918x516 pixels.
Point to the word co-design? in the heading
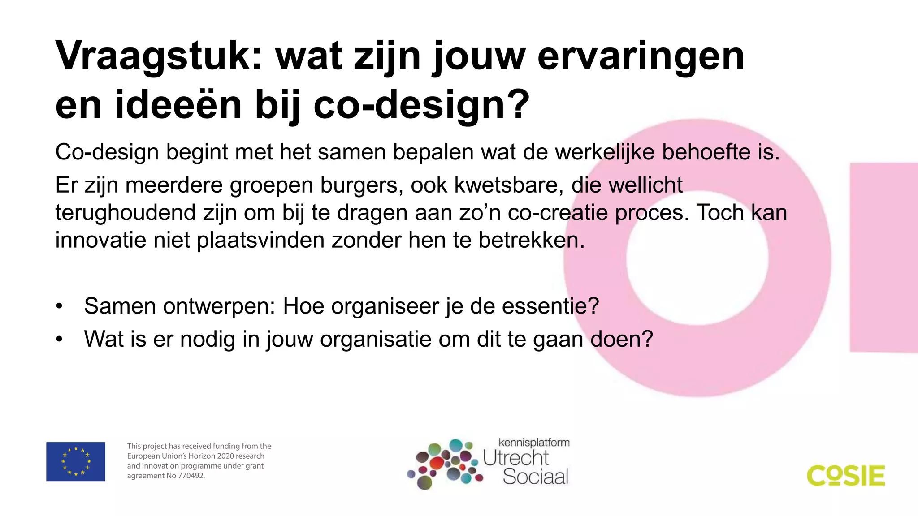(421, 106)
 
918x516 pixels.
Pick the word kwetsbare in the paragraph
(509, 185)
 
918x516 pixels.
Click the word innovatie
(100, 240)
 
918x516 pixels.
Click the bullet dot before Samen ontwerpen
(59, 306)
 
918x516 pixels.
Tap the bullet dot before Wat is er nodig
(59, 340)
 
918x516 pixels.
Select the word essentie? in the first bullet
(550, 306)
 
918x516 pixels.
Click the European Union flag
(76, 461)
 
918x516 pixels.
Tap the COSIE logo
(846, 476)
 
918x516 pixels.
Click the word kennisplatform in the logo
(534, 443)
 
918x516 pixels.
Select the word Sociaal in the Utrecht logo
(535, 476)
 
